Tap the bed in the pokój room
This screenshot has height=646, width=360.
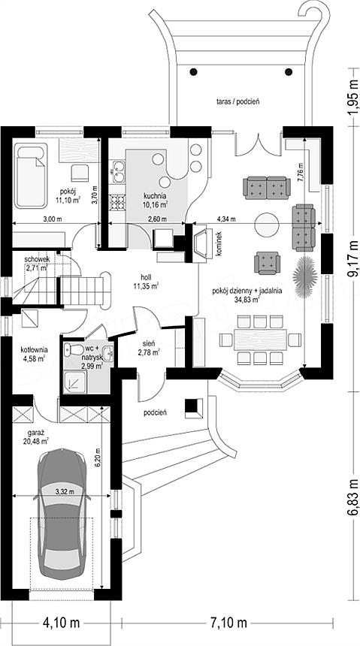pyautogui.click(x=31, y=176)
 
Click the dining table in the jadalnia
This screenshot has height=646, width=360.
pyautogui.click(x=260, y=340)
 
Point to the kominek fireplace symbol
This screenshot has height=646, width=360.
pyautogui.click(x=202, y=243)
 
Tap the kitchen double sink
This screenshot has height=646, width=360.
pyautogui.click(x=118, y=171)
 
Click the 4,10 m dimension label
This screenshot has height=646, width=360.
pyautogui.click(x=62, y=622)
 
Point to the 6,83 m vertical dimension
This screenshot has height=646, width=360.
pyautogui.click(x=353, y=495)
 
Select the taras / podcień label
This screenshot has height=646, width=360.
pyautogui.click(x=237, y=101)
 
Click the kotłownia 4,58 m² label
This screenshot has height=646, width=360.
pyautogui.click(x=34, y=354)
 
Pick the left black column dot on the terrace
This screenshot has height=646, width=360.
pyautogui.click(x=193, y=72)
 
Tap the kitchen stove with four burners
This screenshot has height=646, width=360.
pyautogui.click(x=118, y=202)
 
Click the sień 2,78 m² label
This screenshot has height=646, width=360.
pyautogui.click(x=150, y=348)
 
